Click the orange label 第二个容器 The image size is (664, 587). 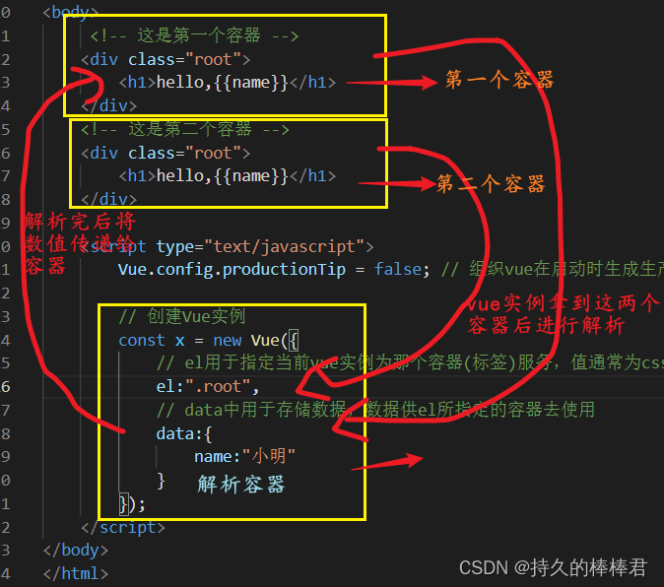click(491, 184)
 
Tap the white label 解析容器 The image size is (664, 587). click(241, 485)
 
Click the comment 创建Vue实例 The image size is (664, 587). click(181, 316)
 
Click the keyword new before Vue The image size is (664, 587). click(227, 340)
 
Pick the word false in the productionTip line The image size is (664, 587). click(397, 269)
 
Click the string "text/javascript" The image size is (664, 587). click(297, 246)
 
